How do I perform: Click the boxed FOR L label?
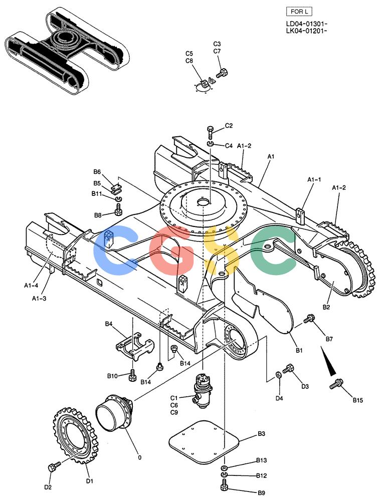pyautogui.click(x=299, y=12)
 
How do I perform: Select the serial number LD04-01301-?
pyautogui.click(x=306, y=24)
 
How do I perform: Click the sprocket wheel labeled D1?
pyautogui.click(x=75, y=435)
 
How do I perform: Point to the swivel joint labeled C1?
pyautogui.click(x=203, y=390)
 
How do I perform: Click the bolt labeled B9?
pyautogui.click(x=225, y=486)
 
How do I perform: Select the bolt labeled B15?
pyautogui.click(x=336, y=383)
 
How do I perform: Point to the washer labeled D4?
pyautogui.click(x=278, y=374)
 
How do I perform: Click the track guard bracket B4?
pyautogui.click(x=135, y=346)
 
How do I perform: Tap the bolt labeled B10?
pyautogui.click(x=132, y=375)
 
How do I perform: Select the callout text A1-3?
pyautogui.click(x=39, y=299)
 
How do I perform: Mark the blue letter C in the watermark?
pyautogui.click(x=116, y=250)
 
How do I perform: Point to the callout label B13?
pyautogui.click(x=262, y=460)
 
